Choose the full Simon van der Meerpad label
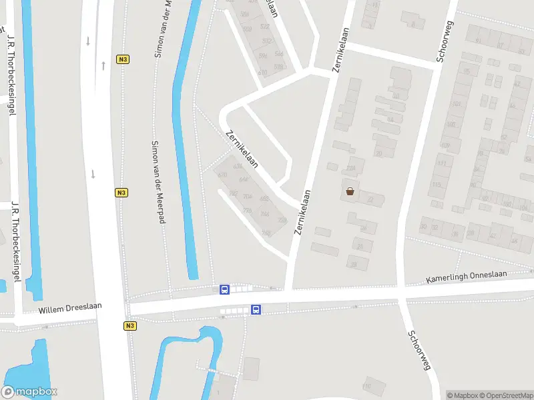(x=158, y=181)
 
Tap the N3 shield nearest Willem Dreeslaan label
(x=129, y=326)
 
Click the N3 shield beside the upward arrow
(x=122, y=59)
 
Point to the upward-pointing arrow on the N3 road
(x=103, y=65)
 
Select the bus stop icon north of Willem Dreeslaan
(x=225, y=290)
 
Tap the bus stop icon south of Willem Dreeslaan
(x=256, y=309)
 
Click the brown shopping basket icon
(x=350, y=192)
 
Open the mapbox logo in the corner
(x=29, y=392)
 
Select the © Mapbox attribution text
(x=462, y=395)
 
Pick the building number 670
(x=222, y=174)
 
